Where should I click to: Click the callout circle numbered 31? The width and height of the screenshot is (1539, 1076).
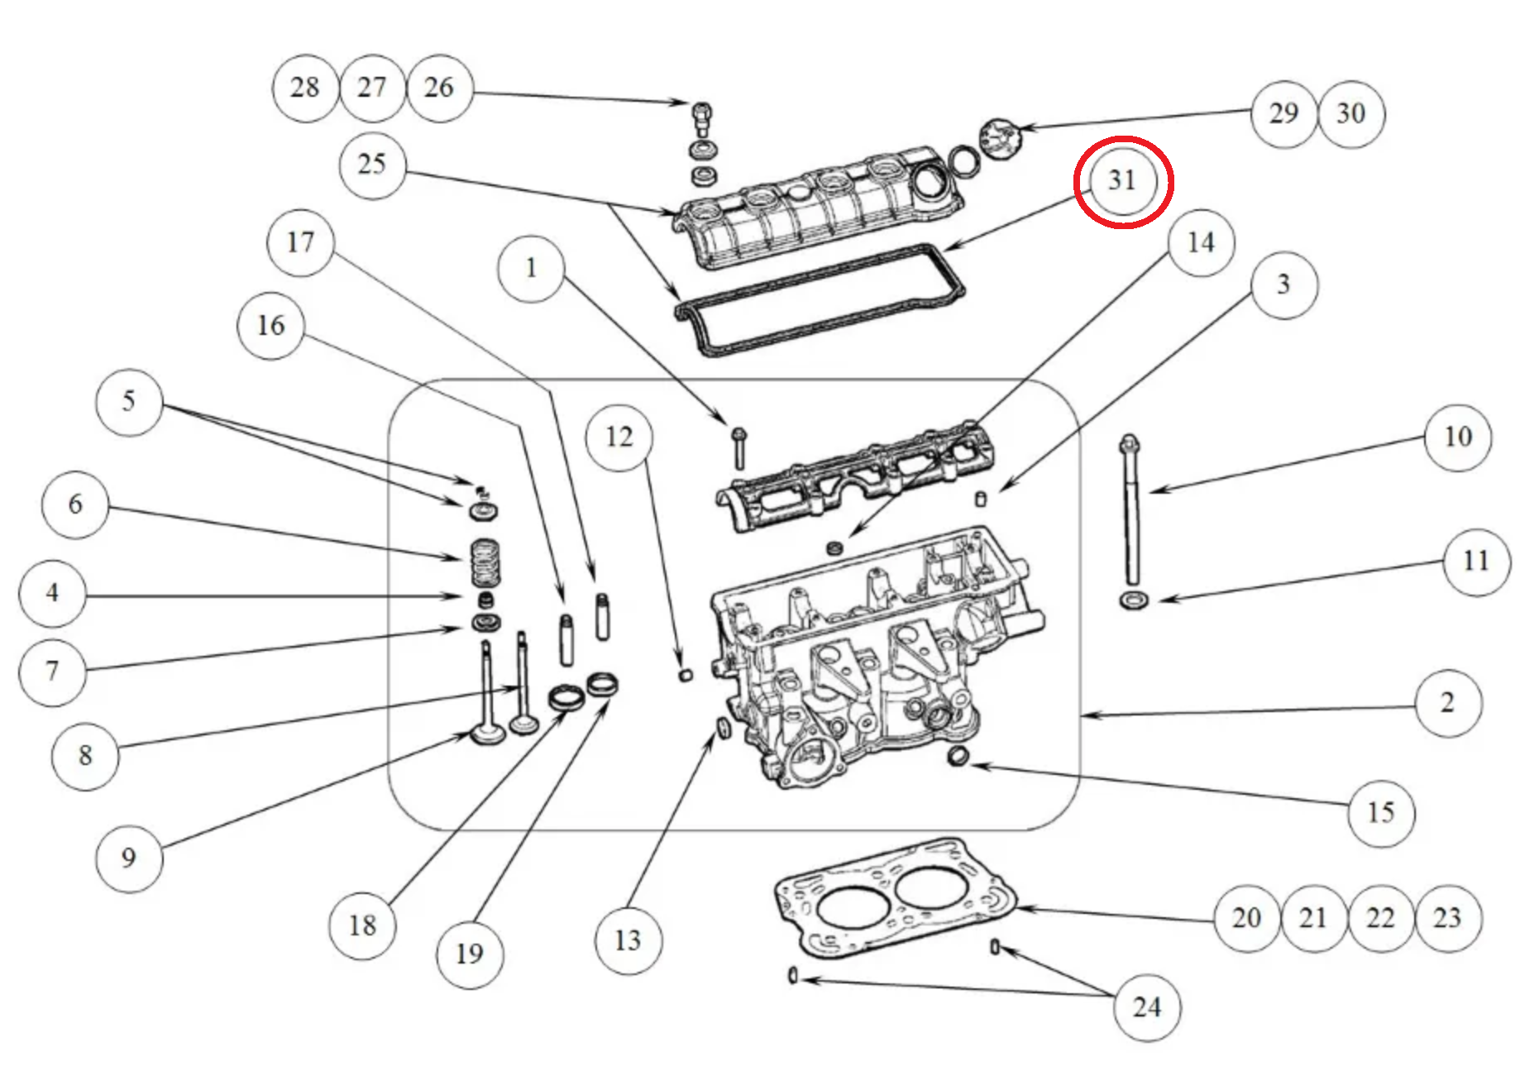click(1122, 181)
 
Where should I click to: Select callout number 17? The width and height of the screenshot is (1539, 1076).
click(300, 242)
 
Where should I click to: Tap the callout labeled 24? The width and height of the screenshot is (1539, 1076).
click(1146, 1007)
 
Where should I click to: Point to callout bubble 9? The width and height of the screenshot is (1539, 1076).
click(129, 858)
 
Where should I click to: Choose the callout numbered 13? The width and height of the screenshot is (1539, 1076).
click(628, 940)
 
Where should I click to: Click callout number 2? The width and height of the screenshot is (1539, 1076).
click(1447, 703)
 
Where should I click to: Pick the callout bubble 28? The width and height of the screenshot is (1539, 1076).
click(305, 88)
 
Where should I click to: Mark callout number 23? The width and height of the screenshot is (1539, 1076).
click(1447, 918)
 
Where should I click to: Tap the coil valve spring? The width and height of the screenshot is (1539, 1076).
click(485, 562)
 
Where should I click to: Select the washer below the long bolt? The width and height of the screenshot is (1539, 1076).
click(1133, 599)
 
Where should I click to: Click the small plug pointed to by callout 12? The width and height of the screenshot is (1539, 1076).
click(686, 674)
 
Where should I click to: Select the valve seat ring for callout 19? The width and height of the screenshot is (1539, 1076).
click(602, 684)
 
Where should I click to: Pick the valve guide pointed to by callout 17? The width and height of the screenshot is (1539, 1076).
click(602, 616)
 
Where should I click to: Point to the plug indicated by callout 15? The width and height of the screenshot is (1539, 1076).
click(958, 755)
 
